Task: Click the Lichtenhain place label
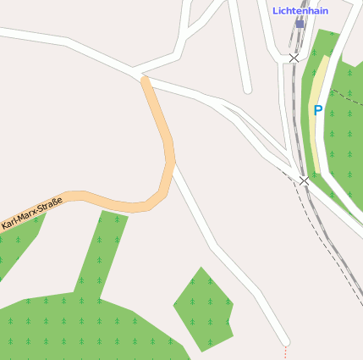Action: coord(300,11)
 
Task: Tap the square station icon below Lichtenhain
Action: coord(300,25)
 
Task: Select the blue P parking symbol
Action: coord(318,110)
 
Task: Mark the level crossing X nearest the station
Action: coord(294,58)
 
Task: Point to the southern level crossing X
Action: coord(304,180)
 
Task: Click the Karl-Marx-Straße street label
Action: coord(32,214)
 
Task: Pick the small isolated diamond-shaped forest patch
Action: coord(203,309)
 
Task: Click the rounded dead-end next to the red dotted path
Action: coord(285,340)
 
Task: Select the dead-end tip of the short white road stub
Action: coord(247,89)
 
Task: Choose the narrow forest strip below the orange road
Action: coord(102,254)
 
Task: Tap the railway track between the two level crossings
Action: coord(297,119)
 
